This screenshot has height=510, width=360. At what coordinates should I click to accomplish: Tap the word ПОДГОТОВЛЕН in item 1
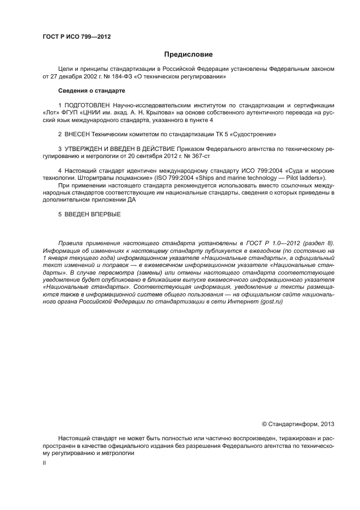pos(87,104)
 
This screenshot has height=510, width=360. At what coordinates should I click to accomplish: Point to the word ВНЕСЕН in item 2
pos(78,133)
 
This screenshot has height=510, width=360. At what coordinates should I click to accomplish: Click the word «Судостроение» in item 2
pos(252,133)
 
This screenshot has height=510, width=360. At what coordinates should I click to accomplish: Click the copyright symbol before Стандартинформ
pos(265,423)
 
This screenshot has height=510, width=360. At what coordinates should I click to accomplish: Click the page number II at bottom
pos(44,463)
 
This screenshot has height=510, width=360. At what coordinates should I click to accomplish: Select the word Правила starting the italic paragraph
pos(72,242)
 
